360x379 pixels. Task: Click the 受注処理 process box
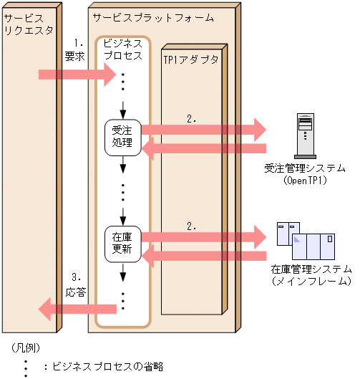point(122,136)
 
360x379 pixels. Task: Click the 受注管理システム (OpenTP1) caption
point(305,175)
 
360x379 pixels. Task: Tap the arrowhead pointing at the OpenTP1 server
point(256,130)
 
